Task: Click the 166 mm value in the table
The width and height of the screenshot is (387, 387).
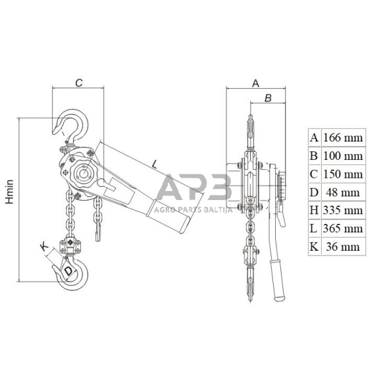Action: click(x=343, y=138)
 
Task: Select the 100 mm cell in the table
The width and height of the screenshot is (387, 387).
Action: click(x=343, y=156)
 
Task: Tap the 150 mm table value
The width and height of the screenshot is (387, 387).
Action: click(x=343, y=174)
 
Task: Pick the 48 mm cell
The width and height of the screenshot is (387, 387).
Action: click(x=342, y=192)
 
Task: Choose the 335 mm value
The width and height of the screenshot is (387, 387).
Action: click(x=343, y=211)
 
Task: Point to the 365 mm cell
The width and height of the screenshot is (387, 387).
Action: click(x=343, y=228)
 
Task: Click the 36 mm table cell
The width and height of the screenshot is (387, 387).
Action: click(x=342, y=247)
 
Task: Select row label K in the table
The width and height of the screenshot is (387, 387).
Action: click(x=314, y=247)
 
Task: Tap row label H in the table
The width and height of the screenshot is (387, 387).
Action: click(x=314, y=211)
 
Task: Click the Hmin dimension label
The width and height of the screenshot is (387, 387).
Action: click(x=10, y=192)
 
